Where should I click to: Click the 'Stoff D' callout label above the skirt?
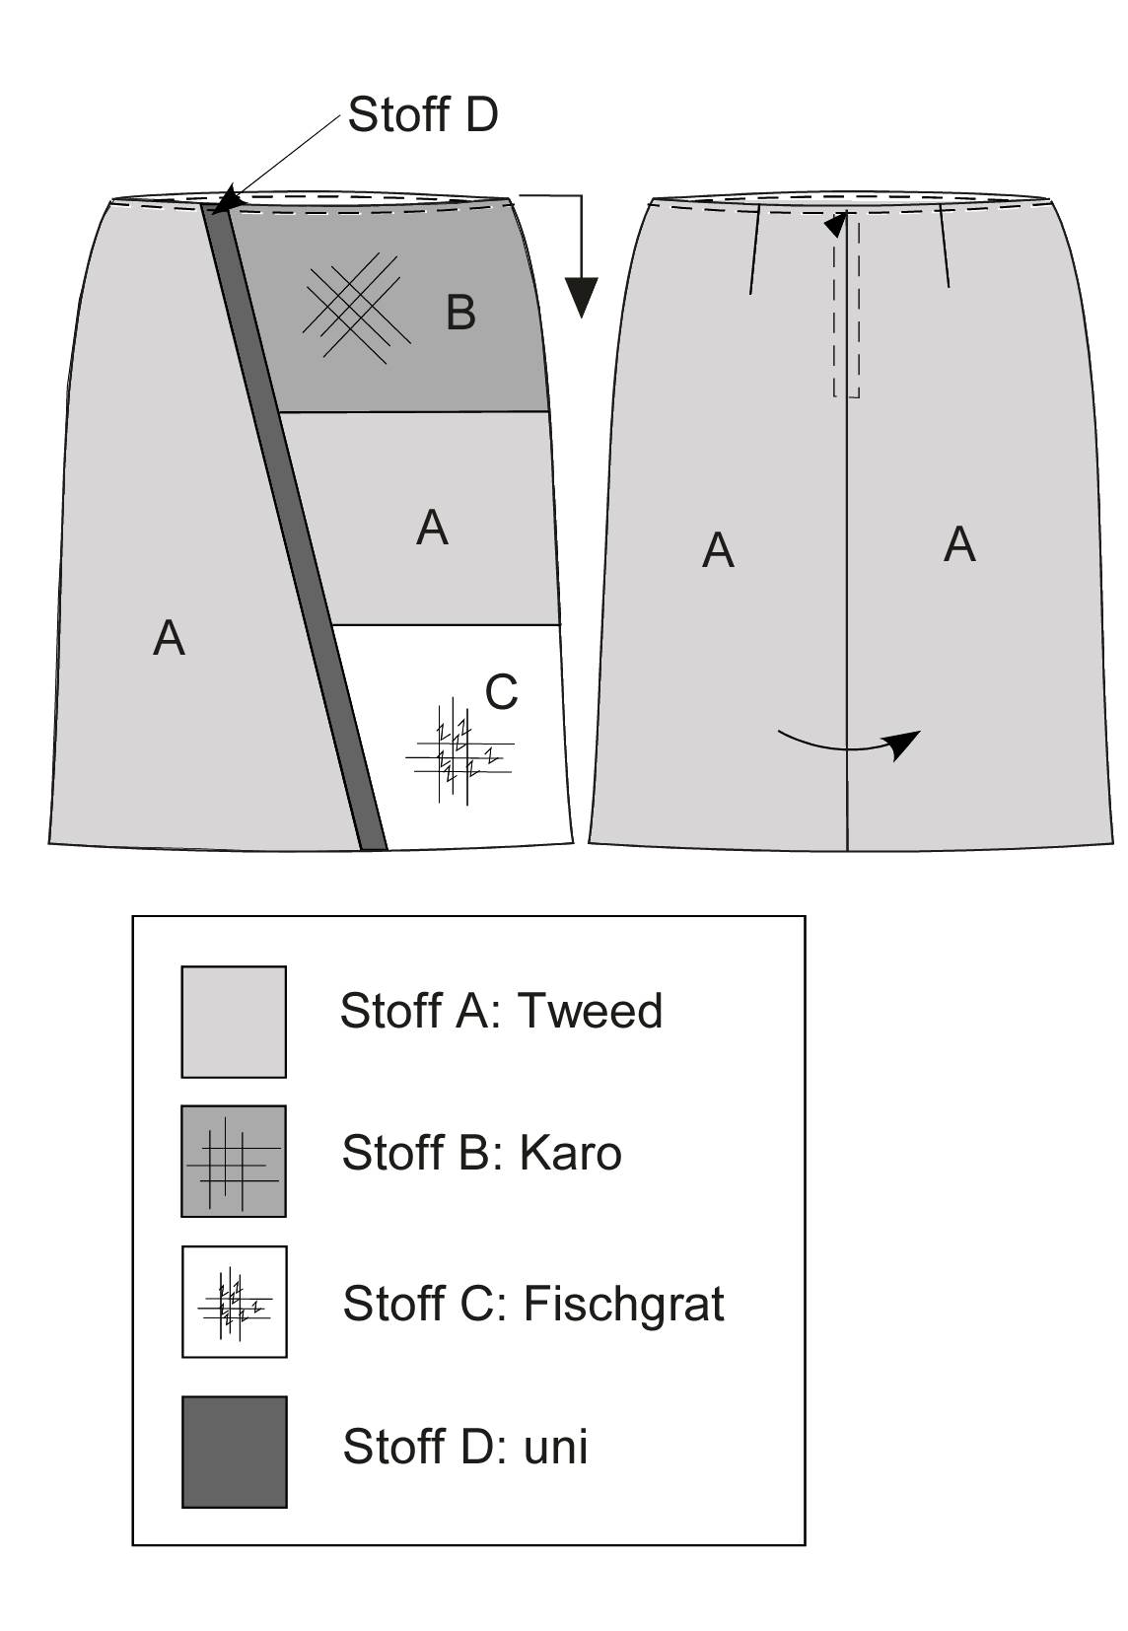[x=422, y=114]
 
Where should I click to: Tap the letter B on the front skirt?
[x=460, y=313]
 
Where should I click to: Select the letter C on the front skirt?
[x=501, y=691]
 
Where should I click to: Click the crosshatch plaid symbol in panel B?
[x=356, y=308]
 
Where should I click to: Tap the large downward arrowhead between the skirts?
[x=581, y=297]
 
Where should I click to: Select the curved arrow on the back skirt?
[x=848, y=744]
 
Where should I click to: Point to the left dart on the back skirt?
[x=754, y=249]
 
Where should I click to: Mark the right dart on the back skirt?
[x=944, y=247]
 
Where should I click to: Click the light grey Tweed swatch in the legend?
[x=234, y=1022]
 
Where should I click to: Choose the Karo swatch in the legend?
[x=234, y=1162]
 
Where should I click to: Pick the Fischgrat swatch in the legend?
[x=235, y=1302]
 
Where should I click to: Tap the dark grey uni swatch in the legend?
[x=235, y=1452]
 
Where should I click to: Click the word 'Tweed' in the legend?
[x=590, y=1011]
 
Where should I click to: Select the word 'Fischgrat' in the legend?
[x=624, y=1304]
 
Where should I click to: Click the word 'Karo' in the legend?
[x=570, y=1153]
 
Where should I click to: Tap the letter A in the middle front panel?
[x=432, y=527]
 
